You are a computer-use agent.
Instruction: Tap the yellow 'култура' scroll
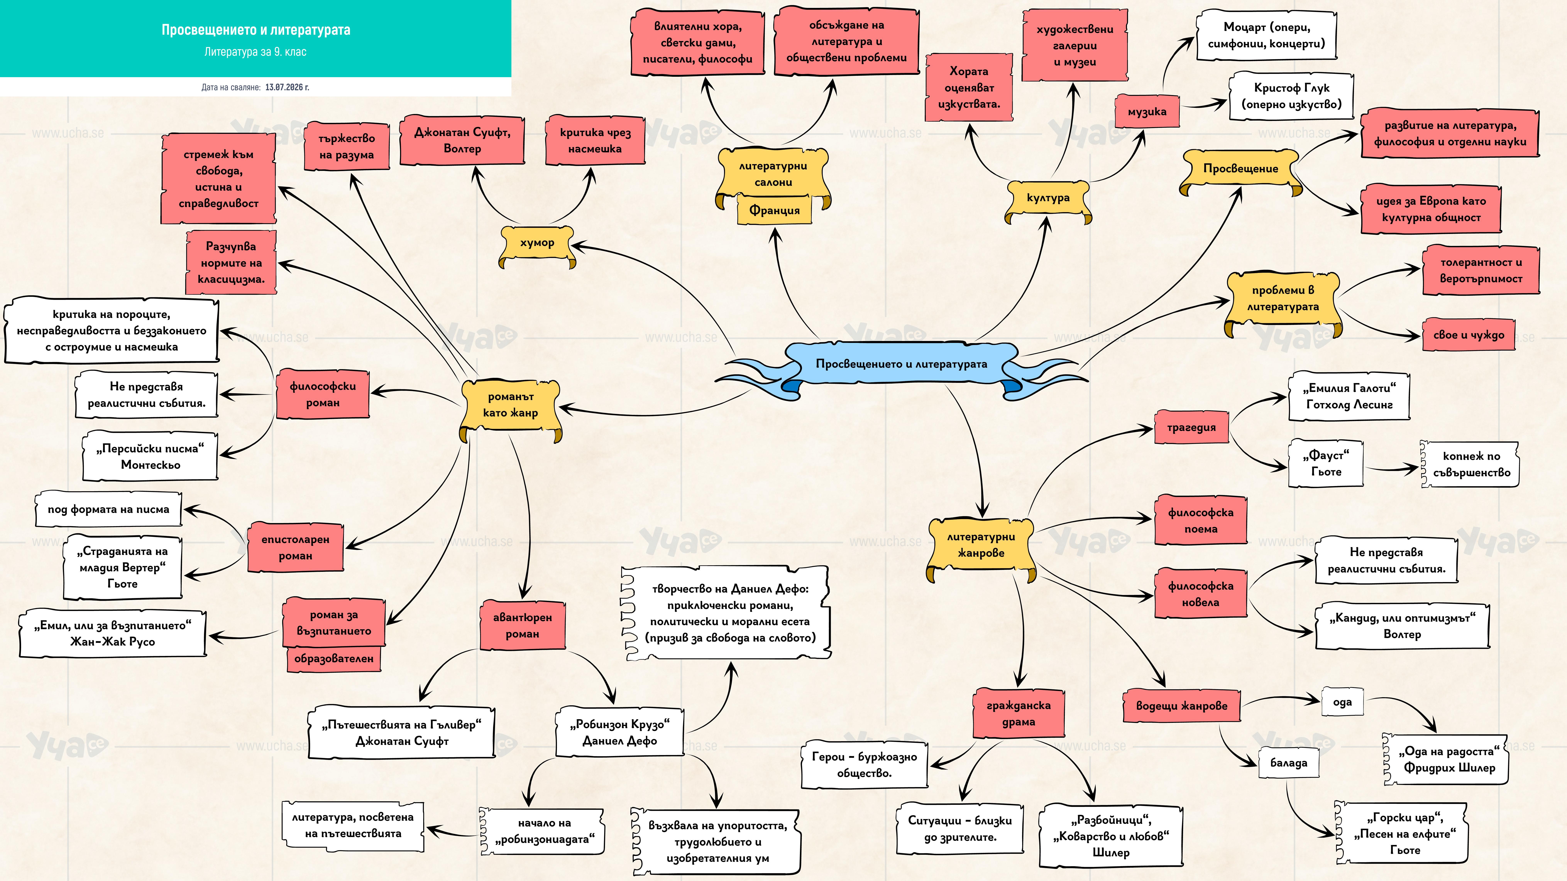[x=1047, y=199]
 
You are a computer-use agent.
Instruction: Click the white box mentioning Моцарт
[x=1267, y=35]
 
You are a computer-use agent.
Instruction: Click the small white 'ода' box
[x=1342, y=702]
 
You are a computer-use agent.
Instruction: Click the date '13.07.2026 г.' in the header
[x=287, y=87]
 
